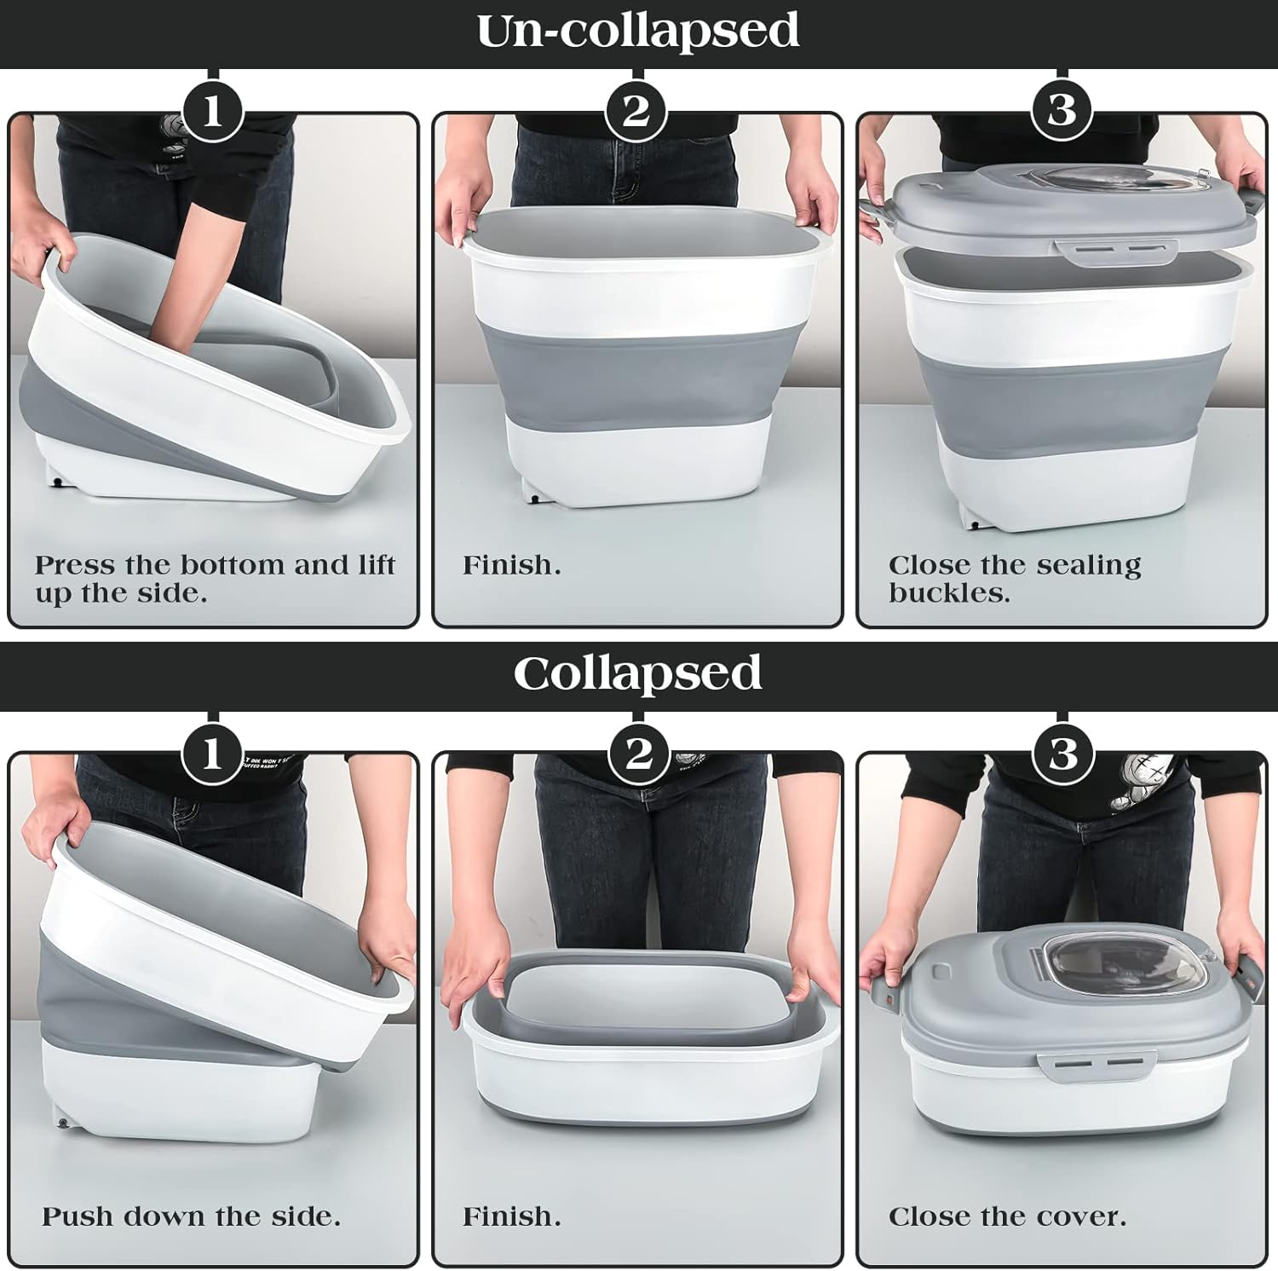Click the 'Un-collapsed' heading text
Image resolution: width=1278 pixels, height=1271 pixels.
coord(637,32)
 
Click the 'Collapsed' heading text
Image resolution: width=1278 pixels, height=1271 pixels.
coord(637,673)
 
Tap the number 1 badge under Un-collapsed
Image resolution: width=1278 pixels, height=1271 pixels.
coord(213,112)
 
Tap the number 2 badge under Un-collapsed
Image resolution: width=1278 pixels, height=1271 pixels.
coord(636,112)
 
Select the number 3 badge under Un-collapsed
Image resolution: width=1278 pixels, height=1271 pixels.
coord(1062,112)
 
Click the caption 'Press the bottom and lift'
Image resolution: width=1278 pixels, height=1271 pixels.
coord(215,565)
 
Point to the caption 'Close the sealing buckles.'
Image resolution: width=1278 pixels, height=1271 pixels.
coord(1014,579)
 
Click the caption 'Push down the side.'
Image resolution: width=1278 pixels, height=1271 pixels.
coord(191,1216)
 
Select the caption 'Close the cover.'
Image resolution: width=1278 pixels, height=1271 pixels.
coord(1007,1216)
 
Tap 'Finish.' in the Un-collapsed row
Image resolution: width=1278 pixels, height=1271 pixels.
coord(511,565)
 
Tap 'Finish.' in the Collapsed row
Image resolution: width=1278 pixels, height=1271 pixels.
coord(511,1216)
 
